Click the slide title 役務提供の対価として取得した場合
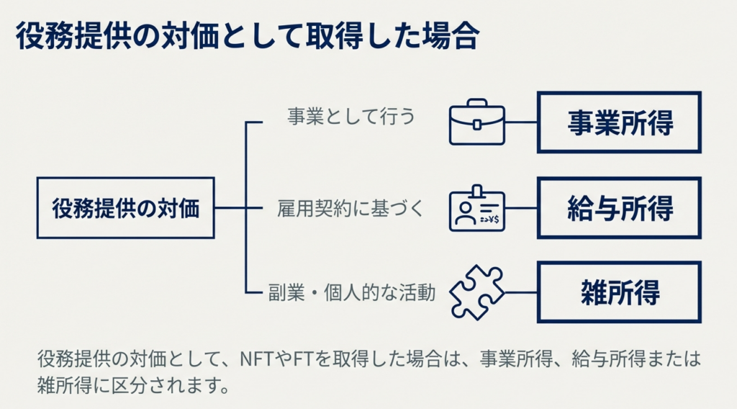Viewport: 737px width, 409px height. [x=247, y=37]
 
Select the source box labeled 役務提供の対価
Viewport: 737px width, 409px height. [x=125, y=208]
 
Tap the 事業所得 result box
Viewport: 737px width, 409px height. [x=619, y=122]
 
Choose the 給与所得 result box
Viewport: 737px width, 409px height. [x=619, y=208]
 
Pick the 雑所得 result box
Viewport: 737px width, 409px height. [x=619, y=292]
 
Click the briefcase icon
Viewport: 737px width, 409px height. [x=476, y=123]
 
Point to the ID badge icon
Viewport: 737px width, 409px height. [x=476, y=209]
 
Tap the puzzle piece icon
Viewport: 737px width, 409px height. [x=476, y=292]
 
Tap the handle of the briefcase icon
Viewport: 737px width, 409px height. [x=476, y=106]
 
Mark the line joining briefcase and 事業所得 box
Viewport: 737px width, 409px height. [x=521, y=122]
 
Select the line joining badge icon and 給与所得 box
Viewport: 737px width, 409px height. [x=521, y=208]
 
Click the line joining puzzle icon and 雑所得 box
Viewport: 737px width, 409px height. [x=521, y=292]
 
